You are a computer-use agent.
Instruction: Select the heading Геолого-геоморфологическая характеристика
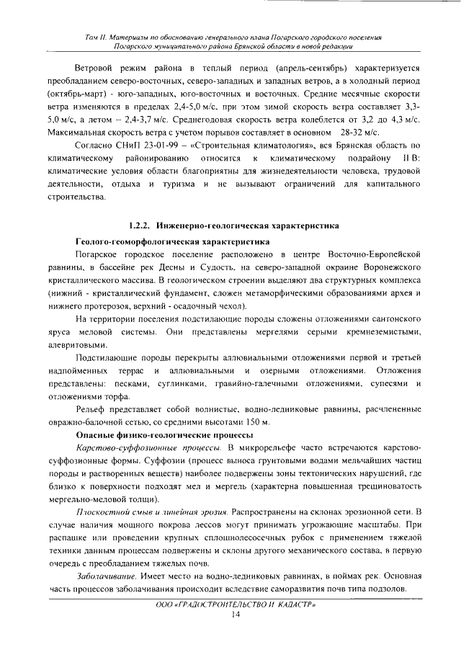pos(173,241)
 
